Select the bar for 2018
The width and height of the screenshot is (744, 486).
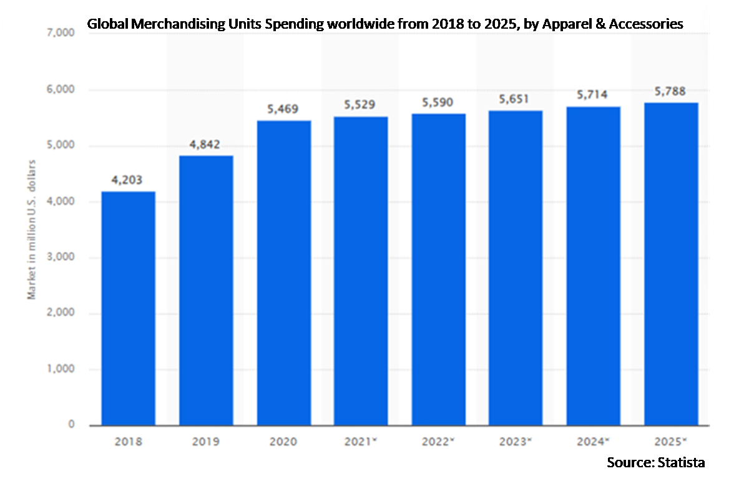pos(128,308)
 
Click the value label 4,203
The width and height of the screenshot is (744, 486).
pos(127,180)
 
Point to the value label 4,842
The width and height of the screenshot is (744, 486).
pos(205,144)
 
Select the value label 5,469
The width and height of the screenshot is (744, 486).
pos(283,109)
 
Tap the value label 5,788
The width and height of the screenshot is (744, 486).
pos(670,91)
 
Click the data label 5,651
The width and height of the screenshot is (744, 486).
pos(516,99)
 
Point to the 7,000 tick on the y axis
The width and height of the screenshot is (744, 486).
pos(61,34)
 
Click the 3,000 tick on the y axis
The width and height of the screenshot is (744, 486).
pos(61,258)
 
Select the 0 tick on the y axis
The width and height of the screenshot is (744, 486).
pos(71,425)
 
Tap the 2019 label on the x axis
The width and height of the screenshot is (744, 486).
pos(205,442)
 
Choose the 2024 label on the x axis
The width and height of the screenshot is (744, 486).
pos(592,442)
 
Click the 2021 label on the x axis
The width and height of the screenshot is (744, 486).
pos(359,442)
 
